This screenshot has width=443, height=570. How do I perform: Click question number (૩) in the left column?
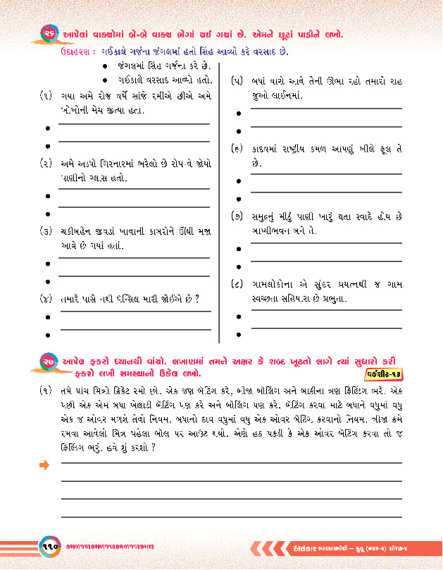coord(44,231)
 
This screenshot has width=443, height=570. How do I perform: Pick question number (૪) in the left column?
coord(44,299)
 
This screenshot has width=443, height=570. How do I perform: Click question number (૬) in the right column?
coord(237,149)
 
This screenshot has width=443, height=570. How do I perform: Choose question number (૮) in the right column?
coord(237,284)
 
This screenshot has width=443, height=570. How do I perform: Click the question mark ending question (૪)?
coord(199,299)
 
